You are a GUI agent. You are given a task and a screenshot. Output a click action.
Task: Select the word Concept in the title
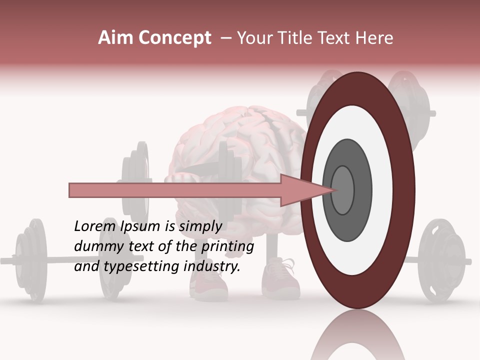[x=175, y=38]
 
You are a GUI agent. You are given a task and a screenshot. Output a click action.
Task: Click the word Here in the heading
[x=375, y=38]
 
